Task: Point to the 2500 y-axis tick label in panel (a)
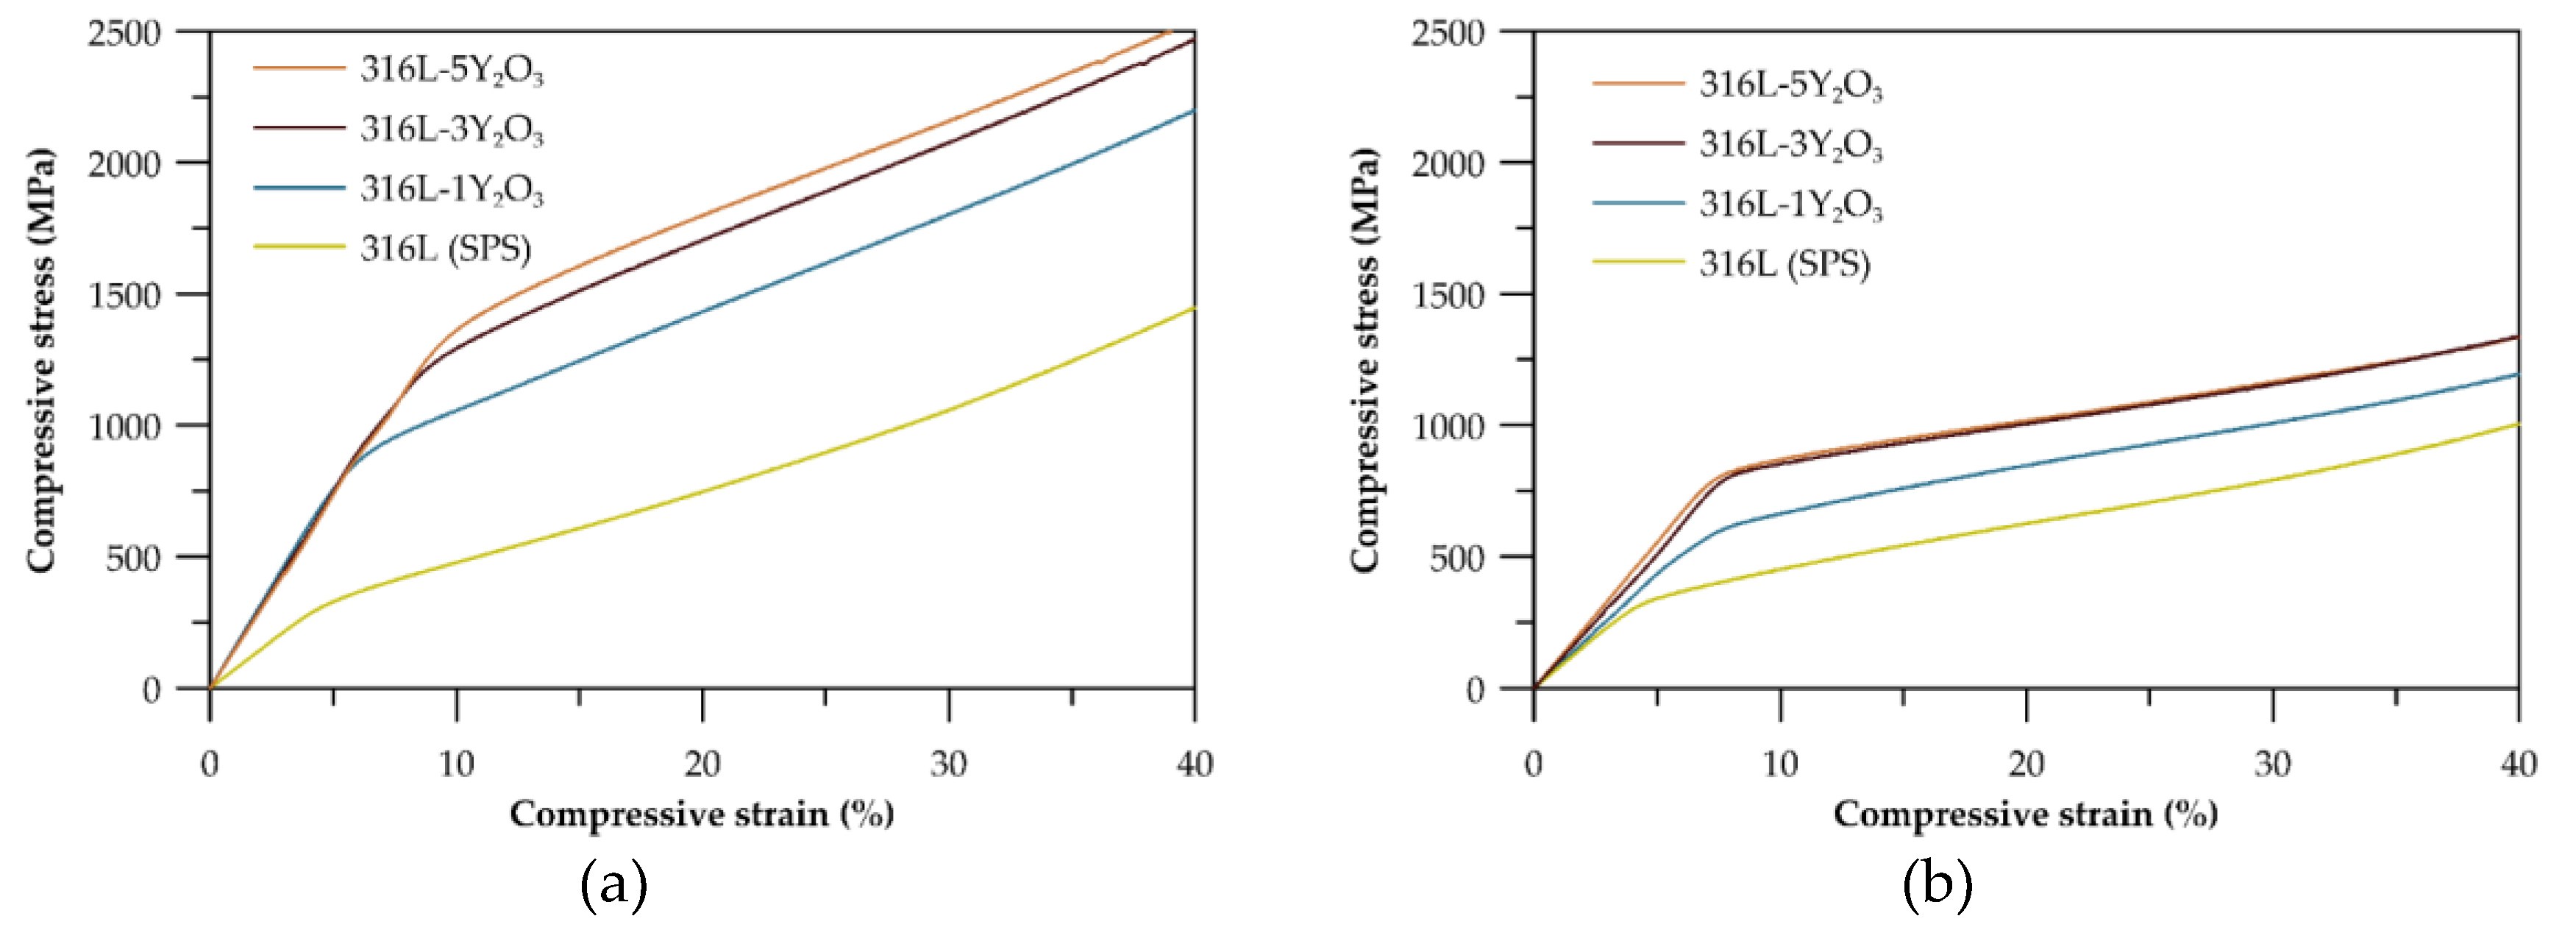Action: click(124, 33)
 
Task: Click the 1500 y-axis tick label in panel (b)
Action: click(1448, 296)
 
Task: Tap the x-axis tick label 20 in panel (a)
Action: click(702, 764)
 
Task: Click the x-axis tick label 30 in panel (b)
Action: click(2273, 764)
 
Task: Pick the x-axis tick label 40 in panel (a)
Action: click(1194, 764)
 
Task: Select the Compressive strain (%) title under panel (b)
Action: click(2026, 814)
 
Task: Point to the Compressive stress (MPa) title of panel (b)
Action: click(1364, 360)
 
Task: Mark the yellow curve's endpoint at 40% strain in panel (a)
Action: click(1194, 308)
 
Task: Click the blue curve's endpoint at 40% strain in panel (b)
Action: click(2517, 374)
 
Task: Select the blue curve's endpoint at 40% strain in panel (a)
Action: click(1194, 110)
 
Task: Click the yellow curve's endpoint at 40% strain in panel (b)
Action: click(2517, 425)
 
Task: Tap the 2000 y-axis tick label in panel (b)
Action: click(1448, 164)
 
